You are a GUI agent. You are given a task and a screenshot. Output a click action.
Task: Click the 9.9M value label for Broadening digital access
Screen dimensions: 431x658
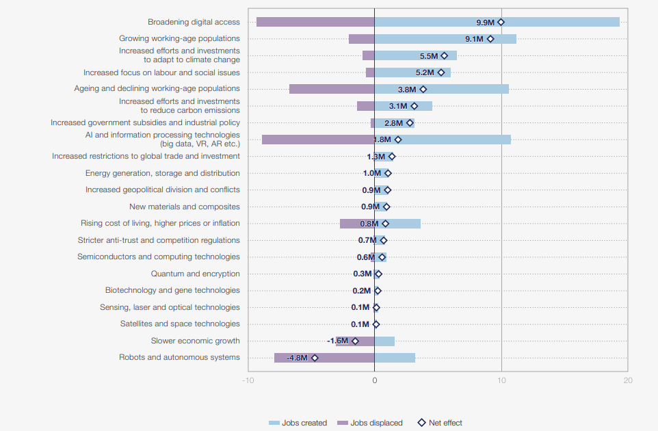click(485, 23)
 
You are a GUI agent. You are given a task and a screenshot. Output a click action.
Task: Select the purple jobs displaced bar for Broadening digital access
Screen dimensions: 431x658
click(315, 22)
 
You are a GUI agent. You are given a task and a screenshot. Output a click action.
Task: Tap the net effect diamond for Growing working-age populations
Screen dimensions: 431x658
click(490, 39)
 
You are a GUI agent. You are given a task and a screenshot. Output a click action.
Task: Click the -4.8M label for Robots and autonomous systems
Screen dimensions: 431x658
click(297, 358)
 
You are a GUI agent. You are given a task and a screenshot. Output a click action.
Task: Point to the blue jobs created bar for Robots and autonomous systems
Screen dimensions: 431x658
click(395, 358)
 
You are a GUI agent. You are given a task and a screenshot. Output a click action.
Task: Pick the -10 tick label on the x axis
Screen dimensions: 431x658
click(247, 380)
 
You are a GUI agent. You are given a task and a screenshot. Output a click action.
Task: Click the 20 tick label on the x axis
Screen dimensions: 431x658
click(628, 380)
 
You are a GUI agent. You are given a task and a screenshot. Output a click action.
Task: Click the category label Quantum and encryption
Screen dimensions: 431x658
click(195, 274)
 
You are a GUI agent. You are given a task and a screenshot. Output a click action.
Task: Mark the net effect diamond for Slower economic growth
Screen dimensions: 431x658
click(355, 341)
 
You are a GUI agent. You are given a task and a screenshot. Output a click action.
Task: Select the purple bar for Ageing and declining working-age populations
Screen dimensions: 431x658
click(332, 89)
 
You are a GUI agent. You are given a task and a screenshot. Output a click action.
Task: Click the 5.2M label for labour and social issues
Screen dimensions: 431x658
click(425, 73)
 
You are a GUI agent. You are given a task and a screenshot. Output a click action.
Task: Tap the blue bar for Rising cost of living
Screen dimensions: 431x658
click(404, 224)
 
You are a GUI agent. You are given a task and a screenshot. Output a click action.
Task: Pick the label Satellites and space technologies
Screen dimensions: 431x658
click(180, 324)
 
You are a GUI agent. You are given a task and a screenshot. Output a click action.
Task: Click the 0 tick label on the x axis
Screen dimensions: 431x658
click(374, 380)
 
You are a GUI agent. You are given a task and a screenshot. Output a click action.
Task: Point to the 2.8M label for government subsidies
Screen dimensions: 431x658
click(393, 123)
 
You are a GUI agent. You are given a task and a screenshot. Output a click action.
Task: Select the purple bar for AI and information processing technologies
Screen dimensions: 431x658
click(317, 140)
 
